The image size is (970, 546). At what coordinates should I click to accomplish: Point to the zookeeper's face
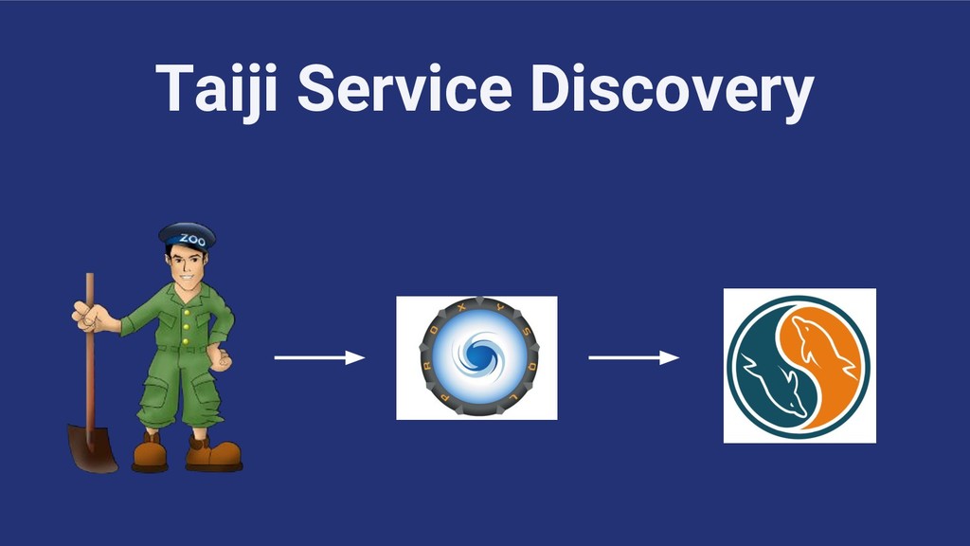186,266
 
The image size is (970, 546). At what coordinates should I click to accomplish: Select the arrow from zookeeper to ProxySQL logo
319,357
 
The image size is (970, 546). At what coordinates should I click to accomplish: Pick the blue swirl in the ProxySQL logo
476,357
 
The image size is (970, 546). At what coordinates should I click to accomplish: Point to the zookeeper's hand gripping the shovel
88,317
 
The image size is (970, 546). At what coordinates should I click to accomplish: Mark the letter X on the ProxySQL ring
476,307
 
